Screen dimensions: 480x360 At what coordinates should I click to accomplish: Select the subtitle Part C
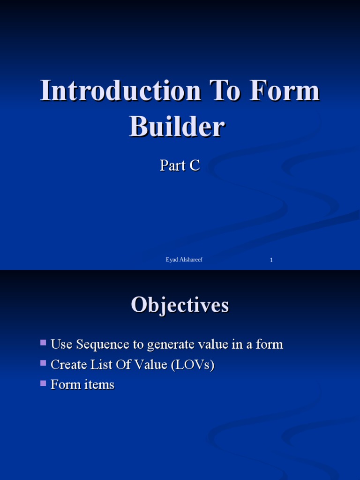(180, 165)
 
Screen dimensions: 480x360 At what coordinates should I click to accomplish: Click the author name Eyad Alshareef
(184, 260)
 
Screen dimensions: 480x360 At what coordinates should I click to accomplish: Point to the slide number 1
(271, 260)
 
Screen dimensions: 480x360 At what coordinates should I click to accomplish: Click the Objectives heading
(180, 305)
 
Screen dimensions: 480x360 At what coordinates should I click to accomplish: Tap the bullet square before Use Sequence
(44, 343)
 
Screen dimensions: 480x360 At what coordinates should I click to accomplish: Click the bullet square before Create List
(44, 363)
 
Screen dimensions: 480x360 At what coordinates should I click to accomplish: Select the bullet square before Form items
(44, 383)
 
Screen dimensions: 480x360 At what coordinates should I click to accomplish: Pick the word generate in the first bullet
(168, 345)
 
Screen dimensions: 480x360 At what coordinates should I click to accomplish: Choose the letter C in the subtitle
(195, 165)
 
